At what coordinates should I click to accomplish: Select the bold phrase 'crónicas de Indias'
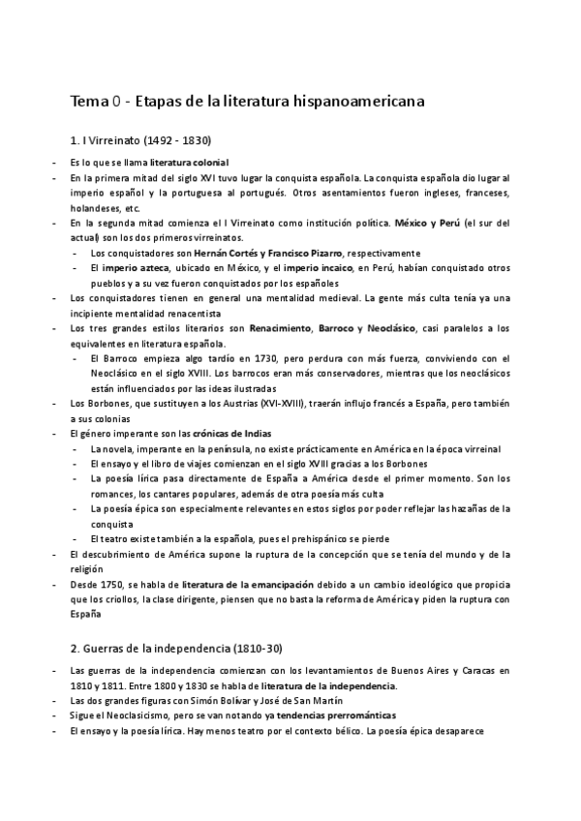coord(224,433)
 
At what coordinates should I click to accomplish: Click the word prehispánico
coord(290,539)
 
